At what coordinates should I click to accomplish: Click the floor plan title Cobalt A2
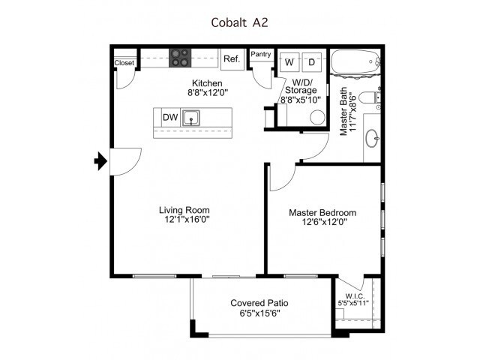point(239,22)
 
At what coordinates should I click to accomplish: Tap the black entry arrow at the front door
point(100,161)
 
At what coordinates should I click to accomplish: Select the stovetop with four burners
point(180,58)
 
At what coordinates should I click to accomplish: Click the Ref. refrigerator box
point(232,59)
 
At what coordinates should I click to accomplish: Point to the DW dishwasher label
point(170,117)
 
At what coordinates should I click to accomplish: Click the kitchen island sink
point(191,118)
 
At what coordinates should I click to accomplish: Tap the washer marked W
point(289,62)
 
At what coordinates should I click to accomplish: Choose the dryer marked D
point(312,62)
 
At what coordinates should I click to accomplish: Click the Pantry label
point(261,54)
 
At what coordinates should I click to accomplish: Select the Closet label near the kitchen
point(124,63)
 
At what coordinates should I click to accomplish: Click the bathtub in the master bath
point(355,61)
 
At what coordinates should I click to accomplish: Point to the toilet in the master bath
point(370,97)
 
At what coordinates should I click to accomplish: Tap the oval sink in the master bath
point(373,138)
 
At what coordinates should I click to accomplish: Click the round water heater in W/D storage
point(317,118)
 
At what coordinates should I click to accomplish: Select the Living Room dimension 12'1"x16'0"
point(187,220)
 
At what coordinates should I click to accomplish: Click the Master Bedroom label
point(322,212)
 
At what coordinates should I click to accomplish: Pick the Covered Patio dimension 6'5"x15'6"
point(260,313)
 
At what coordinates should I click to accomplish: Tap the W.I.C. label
point(355,296)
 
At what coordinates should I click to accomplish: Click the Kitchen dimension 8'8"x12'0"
point(208,92)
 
